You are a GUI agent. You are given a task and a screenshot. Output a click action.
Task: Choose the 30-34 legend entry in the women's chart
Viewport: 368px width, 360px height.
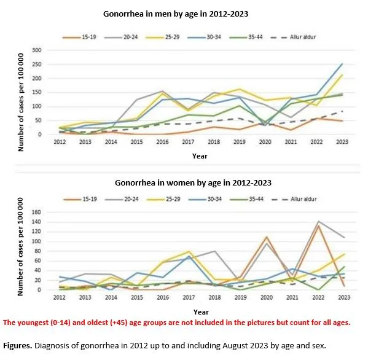(208, 199)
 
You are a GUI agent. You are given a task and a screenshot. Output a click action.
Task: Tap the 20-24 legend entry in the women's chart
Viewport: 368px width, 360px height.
(120, 199)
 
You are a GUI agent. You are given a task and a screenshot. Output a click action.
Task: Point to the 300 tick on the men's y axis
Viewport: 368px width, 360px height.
(36, 50)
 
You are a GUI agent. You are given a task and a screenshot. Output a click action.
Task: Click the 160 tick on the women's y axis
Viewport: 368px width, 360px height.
(36, 213)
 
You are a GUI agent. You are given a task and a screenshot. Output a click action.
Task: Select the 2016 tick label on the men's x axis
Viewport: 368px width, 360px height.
(163, 143)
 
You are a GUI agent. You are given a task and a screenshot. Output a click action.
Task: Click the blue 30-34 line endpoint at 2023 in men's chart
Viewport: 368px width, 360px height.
(342, 63)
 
